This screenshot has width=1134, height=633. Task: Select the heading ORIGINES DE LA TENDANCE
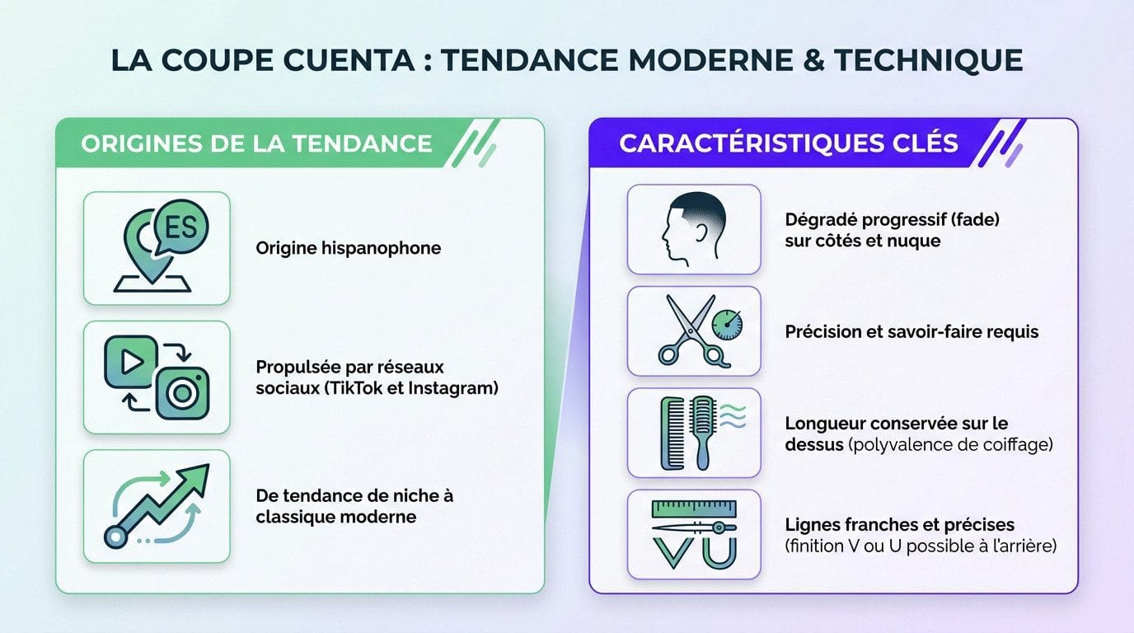pyautogui.click(x=256, y=143)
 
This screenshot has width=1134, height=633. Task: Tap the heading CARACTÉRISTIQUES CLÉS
pyautogui.click(x=789, y=143)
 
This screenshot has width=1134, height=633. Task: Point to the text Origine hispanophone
pyautogui.click(x=348, y=247)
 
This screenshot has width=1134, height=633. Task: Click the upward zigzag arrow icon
pyautogui.click(x=157, y=504)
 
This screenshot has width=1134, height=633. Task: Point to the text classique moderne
pyautogui.click(x=335, y=517)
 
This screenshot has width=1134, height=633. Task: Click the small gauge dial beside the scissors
pyautogui.click(x=726, y=325)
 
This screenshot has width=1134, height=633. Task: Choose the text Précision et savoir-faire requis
pyautogui.click(x=911, y=331)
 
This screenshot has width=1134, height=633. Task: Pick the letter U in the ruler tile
pyautogui.click(x=719, y=550)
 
